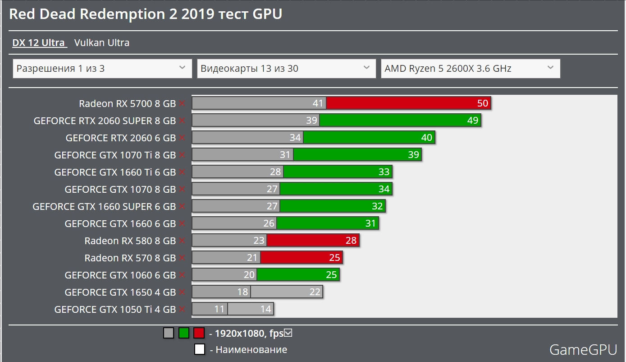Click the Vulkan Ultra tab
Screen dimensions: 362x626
coord(102,43)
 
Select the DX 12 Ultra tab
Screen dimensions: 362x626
coord(39,43)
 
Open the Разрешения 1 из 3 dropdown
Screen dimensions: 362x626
coord(102,69)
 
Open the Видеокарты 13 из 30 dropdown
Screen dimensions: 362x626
coord(286,69)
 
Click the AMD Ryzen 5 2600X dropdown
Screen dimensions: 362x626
coord(470,69)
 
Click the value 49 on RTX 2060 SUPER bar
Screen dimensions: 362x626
coord(472,121)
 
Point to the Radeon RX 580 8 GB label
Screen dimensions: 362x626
coord(130,241)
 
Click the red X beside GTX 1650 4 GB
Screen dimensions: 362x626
coord(182,292)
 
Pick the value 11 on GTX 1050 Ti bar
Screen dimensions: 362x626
coord(219,309)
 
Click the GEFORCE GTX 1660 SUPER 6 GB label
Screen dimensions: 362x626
coord(104,206)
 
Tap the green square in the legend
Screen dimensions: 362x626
coord(183,334)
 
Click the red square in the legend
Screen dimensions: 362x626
coord(199,334)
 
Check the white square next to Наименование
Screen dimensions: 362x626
coord(199,349)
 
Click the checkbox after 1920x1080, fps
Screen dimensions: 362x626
coord(289,333)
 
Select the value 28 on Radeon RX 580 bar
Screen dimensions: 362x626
coord(351,241)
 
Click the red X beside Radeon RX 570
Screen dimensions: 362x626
coord(182,258)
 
